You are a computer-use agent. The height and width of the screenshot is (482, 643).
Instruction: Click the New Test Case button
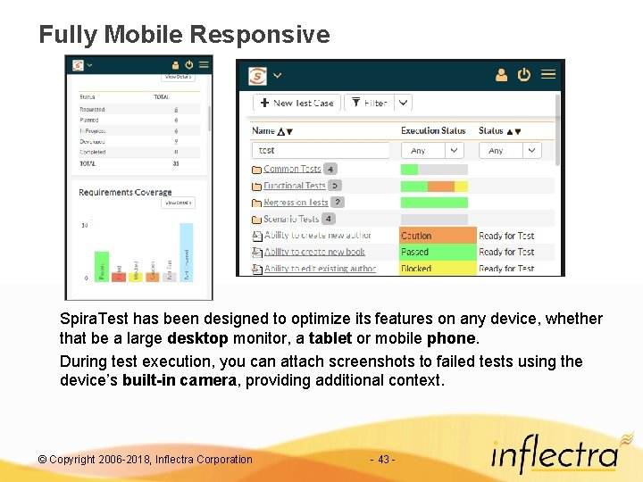296,103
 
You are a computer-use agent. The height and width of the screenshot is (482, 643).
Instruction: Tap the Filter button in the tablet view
369,103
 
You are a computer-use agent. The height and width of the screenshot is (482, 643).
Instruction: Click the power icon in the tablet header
524,75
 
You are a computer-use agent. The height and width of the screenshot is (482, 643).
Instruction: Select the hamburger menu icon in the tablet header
548,75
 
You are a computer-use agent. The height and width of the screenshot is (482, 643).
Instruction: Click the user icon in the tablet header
501,75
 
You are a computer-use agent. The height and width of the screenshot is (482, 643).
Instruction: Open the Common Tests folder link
292,169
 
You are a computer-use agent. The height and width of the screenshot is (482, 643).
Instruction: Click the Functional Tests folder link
295,186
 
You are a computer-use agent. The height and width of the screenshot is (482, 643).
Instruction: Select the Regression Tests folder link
296,203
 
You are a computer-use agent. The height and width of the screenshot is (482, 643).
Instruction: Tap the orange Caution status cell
438,236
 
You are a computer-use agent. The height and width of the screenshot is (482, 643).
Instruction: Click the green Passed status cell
438,253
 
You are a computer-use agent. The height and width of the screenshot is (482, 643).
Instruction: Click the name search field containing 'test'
321,151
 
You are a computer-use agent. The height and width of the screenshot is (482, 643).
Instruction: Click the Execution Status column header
433,130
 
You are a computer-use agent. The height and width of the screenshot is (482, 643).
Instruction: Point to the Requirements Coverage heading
124,192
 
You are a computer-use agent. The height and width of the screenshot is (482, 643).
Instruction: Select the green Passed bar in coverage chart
102,265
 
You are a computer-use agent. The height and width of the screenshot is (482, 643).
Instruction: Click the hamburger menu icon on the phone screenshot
205,64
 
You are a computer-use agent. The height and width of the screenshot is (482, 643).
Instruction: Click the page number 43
382,460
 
